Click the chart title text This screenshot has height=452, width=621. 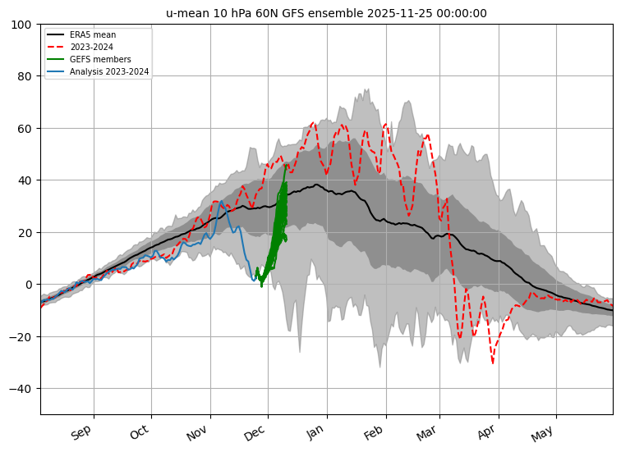[326, 13]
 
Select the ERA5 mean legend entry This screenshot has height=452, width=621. [81, 34]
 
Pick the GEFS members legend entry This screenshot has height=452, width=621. [89, 59]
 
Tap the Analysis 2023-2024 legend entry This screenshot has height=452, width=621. [98, 71]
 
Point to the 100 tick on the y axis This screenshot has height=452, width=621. [21, 25]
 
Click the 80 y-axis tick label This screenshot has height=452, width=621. [25, 76]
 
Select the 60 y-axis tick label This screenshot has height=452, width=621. [25, 129]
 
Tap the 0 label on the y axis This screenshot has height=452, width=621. [28, 285]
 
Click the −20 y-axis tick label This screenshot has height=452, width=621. [21, 337]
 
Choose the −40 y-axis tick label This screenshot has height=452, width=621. [21, 389]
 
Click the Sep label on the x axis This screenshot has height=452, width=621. [81, 432]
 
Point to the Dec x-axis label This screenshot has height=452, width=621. [255, 432]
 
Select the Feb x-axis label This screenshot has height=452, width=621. [373, 432]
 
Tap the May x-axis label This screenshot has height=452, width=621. [542, 433]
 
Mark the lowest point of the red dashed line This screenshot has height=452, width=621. [493, 363]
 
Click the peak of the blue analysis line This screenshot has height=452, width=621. [222, 201]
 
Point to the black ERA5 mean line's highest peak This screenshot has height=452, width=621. [316, 185]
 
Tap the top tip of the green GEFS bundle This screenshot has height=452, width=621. [286, 165]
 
